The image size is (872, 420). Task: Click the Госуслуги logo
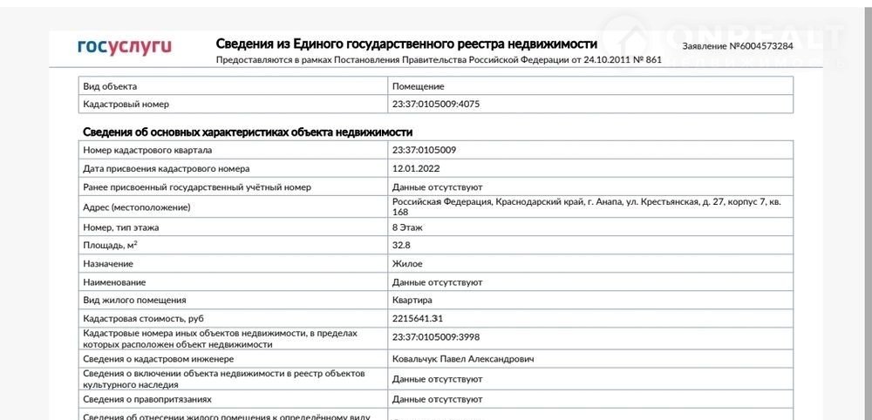point(125,46)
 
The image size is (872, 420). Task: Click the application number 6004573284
point(738,45)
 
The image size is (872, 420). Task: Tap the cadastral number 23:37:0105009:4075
point(436,105)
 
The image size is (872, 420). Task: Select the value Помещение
point(419,86)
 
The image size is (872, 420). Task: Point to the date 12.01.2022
point(417,168)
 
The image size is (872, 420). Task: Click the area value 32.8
point(403,246)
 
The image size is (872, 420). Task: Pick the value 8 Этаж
point(410,227)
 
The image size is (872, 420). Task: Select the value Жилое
point(407,263)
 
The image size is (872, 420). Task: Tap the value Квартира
point(412,301)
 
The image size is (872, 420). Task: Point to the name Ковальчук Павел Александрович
point(463,359)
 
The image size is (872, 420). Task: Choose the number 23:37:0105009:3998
point(436,337)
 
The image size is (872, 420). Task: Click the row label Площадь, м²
point(110,246)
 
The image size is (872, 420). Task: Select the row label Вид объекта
point(110,86)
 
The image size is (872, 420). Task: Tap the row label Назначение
point(108,263)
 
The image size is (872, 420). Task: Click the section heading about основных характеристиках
point(247,132)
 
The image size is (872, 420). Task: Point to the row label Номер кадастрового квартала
point(147,150)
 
